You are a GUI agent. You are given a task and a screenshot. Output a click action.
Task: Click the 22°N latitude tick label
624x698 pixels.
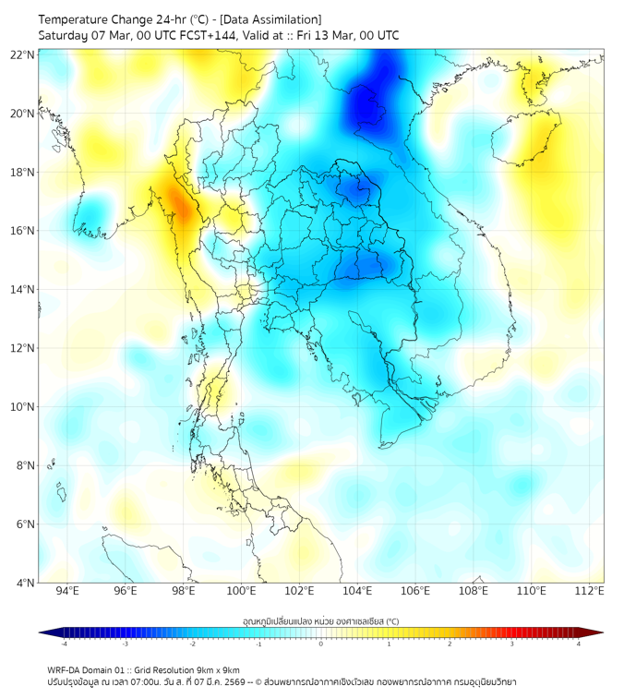click(x=22, y=54)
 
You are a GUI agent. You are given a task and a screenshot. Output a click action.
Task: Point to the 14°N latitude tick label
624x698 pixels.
click(x=22, y=289)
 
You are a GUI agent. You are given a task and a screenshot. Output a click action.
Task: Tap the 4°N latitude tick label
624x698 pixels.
click(x=25, y=583)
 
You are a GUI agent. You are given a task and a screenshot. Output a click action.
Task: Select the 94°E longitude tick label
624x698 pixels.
click(x=67, y=591)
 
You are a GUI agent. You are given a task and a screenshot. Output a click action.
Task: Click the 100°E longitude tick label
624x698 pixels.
click(x=242, y=591)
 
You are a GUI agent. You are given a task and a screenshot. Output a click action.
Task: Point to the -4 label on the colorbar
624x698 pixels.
click(x=63, y=644)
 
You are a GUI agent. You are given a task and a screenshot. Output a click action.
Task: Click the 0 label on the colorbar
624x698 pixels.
click(x=321, y=644)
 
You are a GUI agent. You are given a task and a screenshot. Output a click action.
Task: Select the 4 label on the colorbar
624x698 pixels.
click(x=579, y=644)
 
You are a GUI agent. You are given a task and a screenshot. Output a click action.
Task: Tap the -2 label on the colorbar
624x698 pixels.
click(x=191, y=644)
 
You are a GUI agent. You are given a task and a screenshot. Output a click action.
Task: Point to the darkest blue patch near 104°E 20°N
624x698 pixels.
click(x=371, y=109)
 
